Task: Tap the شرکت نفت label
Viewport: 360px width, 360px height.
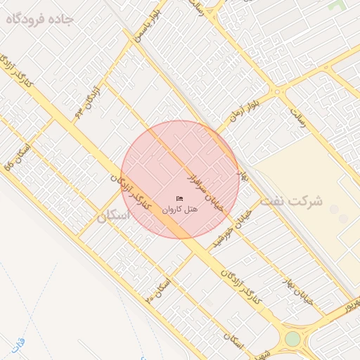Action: pyautogui.click(x=291, y=200)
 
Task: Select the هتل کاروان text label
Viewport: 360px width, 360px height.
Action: pyautogui.click(x=180, y=209)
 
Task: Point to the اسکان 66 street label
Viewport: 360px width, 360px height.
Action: pyautogui.click(x=18, y=155)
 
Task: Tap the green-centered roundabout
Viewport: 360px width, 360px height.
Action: pyautogui.click(x=292, y=339)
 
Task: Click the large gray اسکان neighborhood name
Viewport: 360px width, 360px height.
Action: pyautogui.click(x=114, y=216)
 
